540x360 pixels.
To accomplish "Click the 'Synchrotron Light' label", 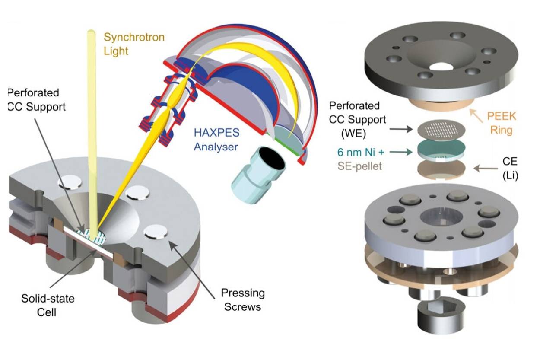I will pos(134,44).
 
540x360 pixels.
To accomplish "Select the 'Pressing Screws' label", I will pos(243,299).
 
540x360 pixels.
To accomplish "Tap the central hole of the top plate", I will pos(441,67).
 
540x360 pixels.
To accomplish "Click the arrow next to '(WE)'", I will pos(399,128).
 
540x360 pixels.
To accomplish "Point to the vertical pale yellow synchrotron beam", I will pos(92,130).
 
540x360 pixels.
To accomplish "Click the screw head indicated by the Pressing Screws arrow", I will pos(156,233).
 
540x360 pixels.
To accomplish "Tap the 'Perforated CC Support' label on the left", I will pos(36,99).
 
